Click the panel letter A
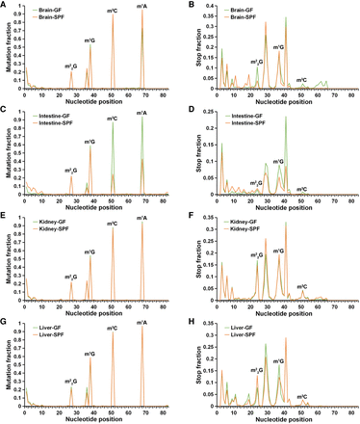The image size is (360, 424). pos(5,5)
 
